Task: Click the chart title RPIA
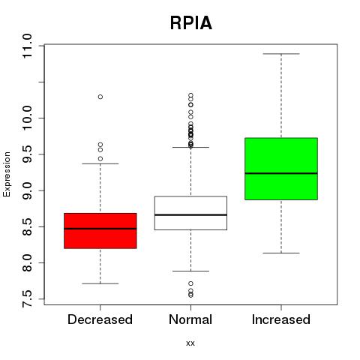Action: click(x=191, y=23)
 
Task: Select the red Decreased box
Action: click(x=100, y=231)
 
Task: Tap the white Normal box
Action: click(x=190, y=213)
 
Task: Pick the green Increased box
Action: click(x=281, y=169)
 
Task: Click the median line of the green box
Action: click(x=281, y=173)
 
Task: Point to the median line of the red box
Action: click(x=100, y=229)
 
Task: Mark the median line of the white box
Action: click(x=190, y=214)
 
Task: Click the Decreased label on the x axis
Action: click(x=100, y=319)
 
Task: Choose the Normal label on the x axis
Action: click(x=190, y=319)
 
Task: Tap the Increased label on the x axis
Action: click(x=281, y=319)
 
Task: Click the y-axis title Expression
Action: click(x=7, y=174)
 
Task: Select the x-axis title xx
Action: click(x=190, y=343)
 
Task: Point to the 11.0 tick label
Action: click(x=27, y=46)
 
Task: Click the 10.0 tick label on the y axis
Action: click(x=27, y=118)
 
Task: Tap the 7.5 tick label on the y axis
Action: click(x=27, y=298)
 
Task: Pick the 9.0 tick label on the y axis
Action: click(x=27, y=190)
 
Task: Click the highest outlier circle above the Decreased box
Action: click(x=100, y=97)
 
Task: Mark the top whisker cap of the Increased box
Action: click(x=281, y=54)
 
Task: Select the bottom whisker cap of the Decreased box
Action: click(x=100, y=283)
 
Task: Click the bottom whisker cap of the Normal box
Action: click(x=190, y=271)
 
